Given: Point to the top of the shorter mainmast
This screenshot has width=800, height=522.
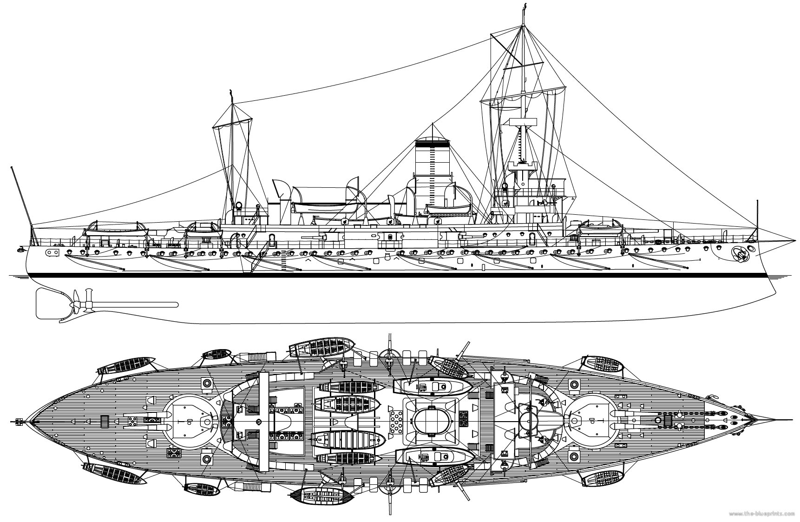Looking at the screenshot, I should tap(231, 91).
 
